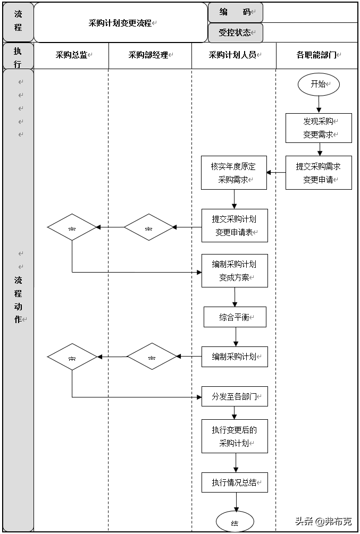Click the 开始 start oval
(318, 84)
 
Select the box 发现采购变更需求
(319, 128)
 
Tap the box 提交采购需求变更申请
(319, 173)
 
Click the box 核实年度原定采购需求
(233, 173)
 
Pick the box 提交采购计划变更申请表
(235, 225)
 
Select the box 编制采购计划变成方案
(235, 270)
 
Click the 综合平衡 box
(235, 317)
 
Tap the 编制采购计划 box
(235, 357)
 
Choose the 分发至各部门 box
(235, 396)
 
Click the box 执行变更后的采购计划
(235, 436)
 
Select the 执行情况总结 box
(235, 482)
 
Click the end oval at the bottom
(235, 522)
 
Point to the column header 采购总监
(72, 55)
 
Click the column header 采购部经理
(149, 55)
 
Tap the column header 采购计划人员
(233, 55)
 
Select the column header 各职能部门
(317, 55)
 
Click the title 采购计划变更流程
(121, 23)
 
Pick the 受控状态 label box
(235, 32)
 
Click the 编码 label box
(235, 12)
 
